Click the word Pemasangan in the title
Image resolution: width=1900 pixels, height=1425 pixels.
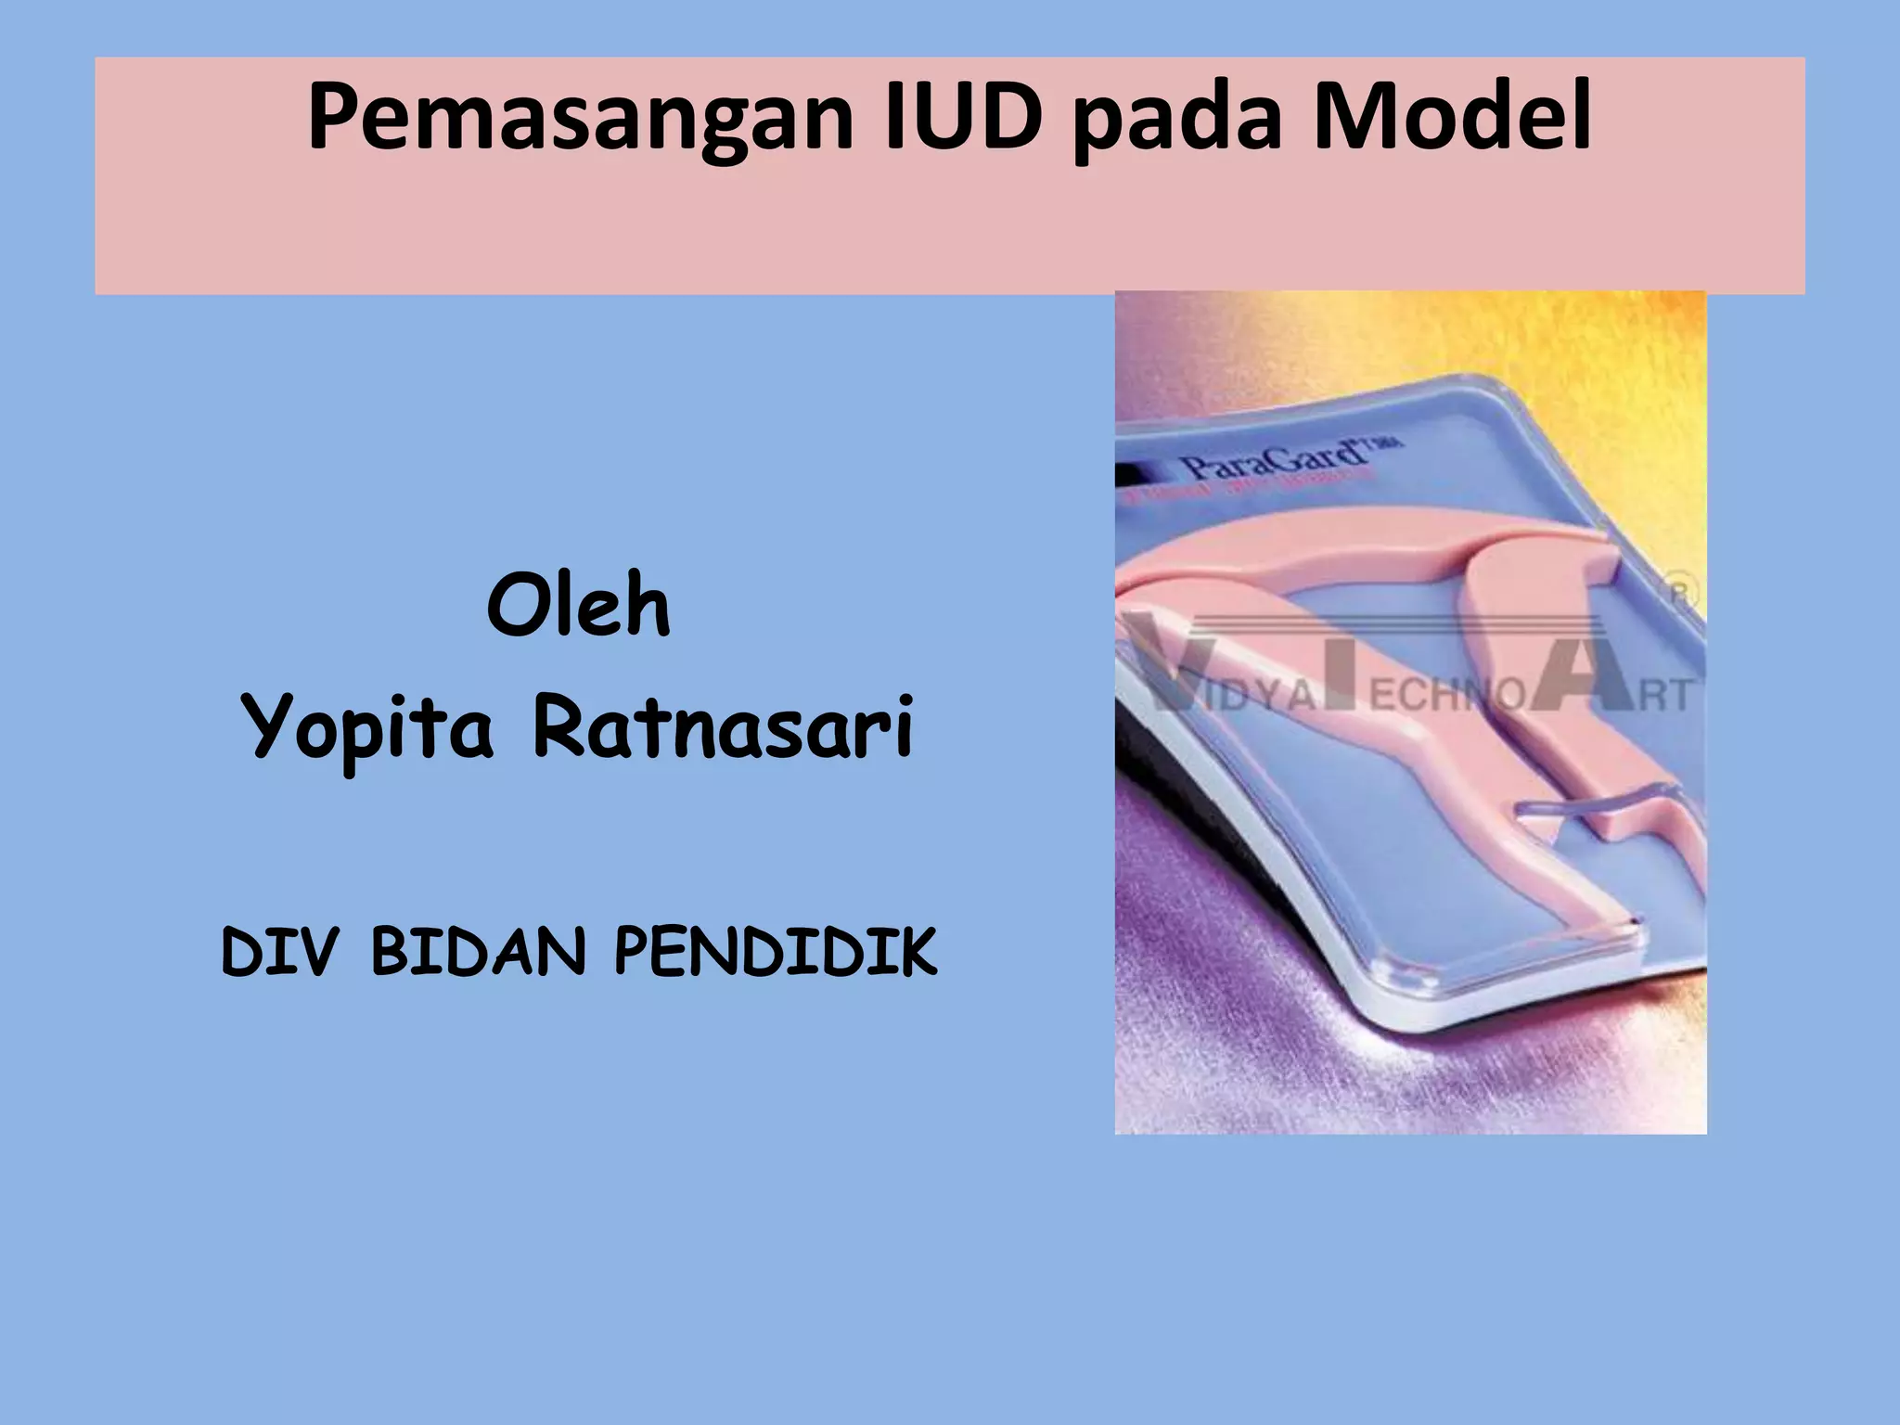tap(580, 119)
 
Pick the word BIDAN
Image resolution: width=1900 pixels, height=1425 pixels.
tap(479, 952)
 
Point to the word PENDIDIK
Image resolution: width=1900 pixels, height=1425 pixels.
tap(776, 952)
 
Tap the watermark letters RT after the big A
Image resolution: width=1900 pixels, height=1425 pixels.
tap(1665, 694)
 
